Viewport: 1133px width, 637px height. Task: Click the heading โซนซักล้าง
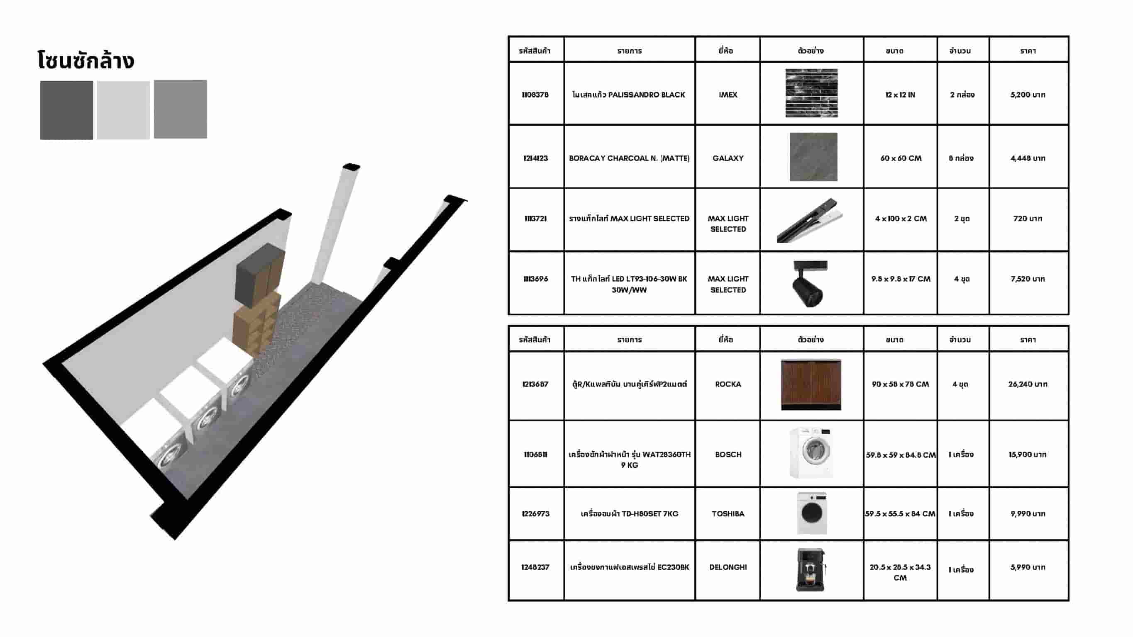click(85, 60)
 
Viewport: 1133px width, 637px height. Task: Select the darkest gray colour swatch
click(66, 110)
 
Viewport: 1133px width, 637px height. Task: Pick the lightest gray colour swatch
click(123, 110)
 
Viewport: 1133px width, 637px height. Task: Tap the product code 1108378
click(535, 95)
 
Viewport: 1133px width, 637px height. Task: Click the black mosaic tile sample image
click(811, 93)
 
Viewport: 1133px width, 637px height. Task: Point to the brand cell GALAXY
click(728, 158)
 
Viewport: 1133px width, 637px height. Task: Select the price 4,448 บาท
click(1028, 158)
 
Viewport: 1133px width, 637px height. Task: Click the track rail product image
click(810, 220)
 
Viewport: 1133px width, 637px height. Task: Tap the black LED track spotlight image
click(810, 283)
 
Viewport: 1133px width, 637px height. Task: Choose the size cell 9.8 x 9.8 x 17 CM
click(901, 279)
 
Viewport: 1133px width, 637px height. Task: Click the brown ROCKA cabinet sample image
click(811, 385)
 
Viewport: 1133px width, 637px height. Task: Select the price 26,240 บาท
click(1028, 384)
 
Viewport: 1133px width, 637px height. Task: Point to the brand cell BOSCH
click(728, 454)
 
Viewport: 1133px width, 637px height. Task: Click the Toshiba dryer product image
click(812, 513)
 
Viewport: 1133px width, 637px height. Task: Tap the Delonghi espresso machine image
click(811, 570)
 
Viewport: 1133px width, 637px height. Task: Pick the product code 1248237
click(535, 567)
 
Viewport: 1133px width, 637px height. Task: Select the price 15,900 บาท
click(1028, 454)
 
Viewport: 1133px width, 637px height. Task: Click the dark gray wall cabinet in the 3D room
click(259, 275)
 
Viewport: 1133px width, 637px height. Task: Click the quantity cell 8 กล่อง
click(962, 158)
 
